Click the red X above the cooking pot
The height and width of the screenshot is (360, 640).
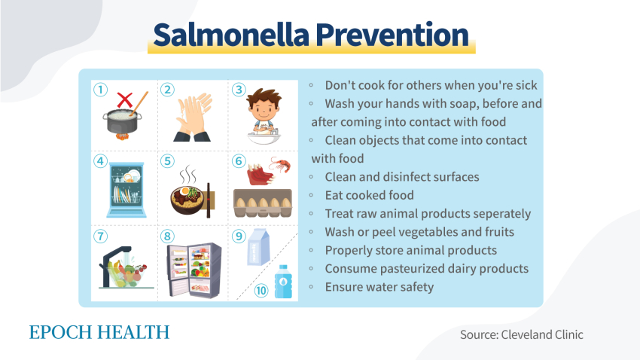click(124, 99)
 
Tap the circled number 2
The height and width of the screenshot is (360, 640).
click(167, 90)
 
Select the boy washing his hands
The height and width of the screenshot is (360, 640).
click(264, 116)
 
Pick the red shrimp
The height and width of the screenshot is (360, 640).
click(281, 164)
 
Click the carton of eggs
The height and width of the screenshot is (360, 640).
click(263, 203)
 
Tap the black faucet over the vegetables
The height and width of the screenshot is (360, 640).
click(114, 264)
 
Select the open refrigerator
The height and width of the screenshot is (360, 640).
click(194, 270)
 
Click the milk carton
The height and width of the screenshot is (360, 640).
click(258, 248)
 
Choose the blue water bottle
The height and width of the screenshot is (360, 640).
click(283, 281)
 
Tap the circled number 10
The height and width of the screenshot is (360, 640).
click(261, 291)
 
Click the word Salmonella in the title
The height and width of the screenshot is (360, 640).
click(231, 35)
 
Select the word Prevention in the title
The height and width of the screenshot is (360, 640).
click(392, 35)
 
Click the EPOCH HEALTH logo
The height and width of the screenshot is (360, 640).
click(99, 332)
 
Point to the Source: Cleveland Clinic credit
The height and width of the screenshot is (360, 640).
click(522, 334)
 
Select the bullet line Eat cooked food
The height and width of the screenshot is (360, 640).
click(369, 196)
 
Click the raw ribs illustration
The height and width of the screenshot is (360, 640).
click(260, 174)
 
